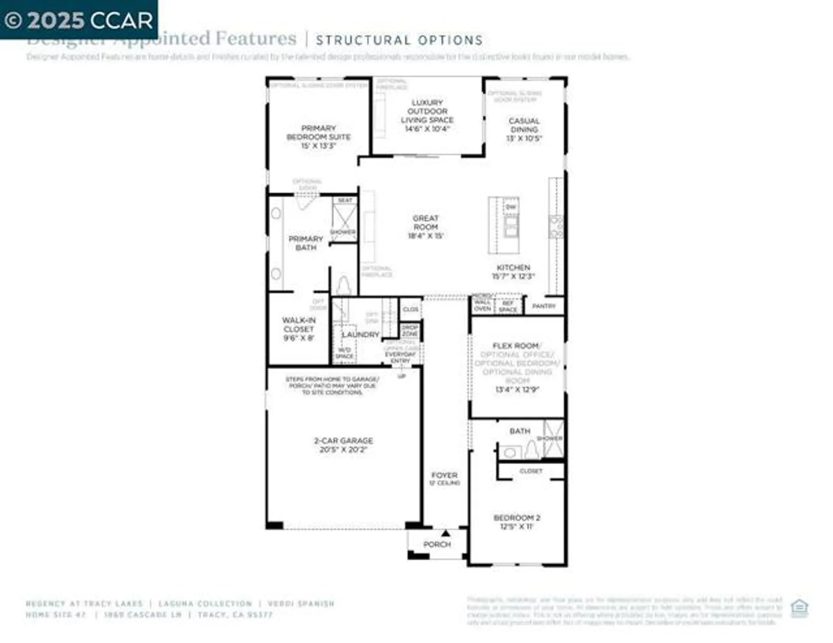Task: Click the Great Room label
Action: [425, 222]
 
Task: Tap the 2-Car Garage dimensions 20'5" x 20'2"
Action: [343, 450]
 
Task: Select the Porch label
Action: [437, 544]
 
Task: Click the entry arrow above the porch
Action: [445, 533]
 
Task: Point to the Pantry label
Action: [544, 306]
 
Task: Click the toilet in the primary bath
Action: [343, 285]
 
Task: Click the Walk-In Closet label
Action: [299, 329]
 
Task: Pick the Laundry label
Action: [360, 334]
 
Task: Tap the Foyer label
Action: [444, 475]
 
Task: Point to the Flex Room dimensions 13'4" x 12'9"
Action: [517, 390]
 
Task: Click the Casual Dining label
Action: [524, 125]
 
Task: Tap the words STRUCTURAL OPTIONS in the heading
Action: [399, 40]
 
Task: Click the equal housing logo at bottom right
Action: [799, 607]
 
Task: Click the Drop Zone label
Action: [410, 331]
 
